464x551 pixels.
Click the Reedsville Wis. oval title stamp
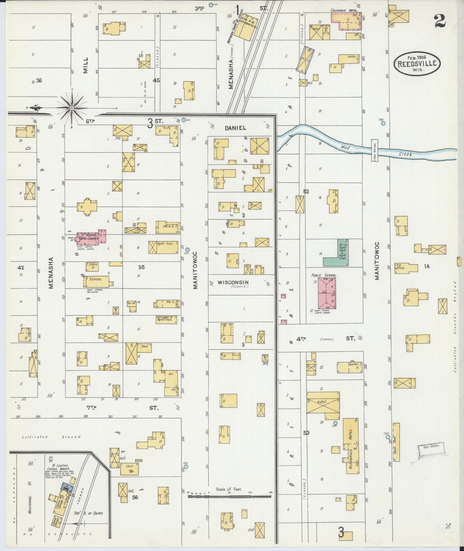(x=417, y=63)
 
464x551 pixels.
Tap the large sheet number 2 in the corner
(x=440, y=22)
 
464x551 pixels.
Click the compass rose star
(x=72, y=107)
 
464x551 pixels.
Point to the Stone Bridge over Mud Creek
(x=374, y=150)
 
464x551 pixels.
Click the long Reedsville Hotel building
(x=351, y=446)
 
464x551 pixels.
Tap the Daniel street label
(x=235, y=128)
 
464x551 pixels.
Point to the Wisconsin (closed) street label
(x=233, y=283)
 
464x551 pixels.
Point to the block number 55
(x=141, y=267)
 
